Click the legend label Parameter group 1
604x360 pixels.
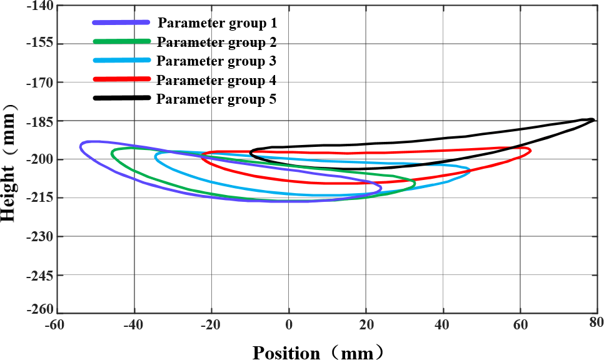click(x=217, y=24)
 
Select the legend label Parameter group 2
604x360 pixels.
click(x=217, y=42)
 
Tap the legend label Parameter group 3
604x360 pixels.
click(x=216, y=61)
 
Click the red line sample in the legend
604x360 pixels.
click(x=122, y=79)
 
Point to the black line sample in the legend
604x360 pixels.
click(x=122, y=97)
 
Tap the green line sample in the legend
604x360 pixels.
click(x=122, y=41)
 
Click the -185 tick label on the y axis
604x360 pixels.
click(x=39, y=121)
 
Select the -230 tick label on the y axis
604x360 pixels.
click(x=39, y=236)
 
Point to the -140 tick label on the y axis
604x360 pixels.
click(x=39, y=6)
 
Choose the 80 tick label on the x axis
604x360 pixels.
click(x=596, y=322)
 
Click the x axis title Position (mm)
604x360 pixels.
click(x=316, y=352)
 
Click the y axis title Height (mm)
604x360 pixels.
click(x=11, y=162)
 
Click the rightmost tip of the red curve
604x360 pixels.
click(x=530, y=151)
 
